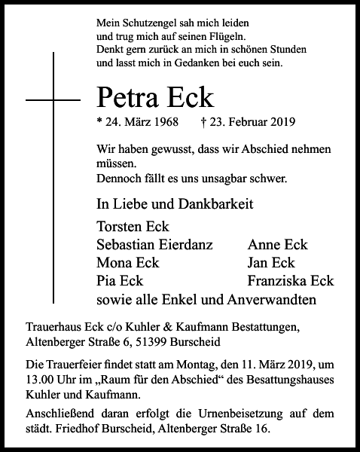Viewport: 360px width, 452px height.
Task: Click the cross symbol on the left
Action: [x=53, y=99]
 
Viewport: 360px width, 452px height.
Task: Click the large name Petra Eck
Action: [x=156, y=97]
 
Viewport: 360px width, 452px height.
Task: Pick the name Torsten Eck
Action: [x=133, y=227]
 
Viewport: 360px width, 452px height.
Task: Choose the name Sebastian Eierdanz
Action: [x=155, y=245]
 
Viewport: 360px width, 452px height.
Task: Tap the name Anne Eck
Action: [x=277, y=245]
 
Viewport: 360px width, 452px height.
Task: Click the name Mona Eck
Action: [x=127, y=263]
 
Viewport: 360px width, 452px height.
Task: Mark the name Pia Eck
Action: [x=121, y=281]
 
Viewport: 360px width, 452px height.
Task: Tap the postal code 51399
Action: [x=149, y=341]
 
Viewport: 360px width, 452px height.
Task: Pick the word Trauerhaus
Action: [x=50, y=327]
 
